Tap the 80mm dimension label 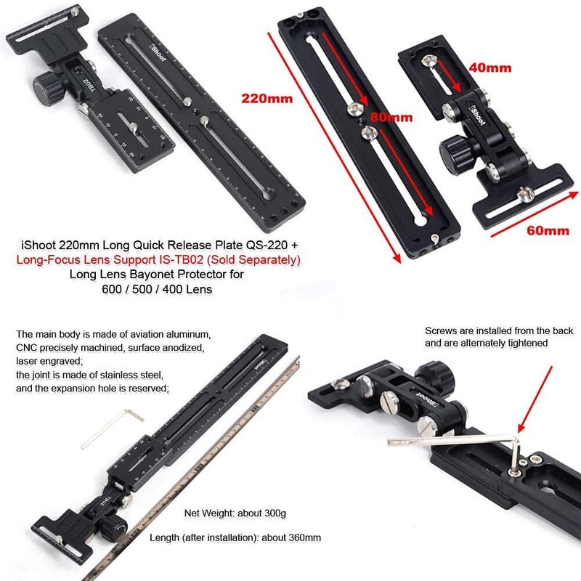[393, 117]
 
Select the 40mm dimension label [491, 68]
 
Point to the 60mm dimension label [548, 231]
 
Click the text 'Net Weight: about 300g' [235, 513]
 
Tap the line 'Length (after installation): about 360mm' [235, 538]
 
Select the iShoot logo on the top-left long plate [158, 55]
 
